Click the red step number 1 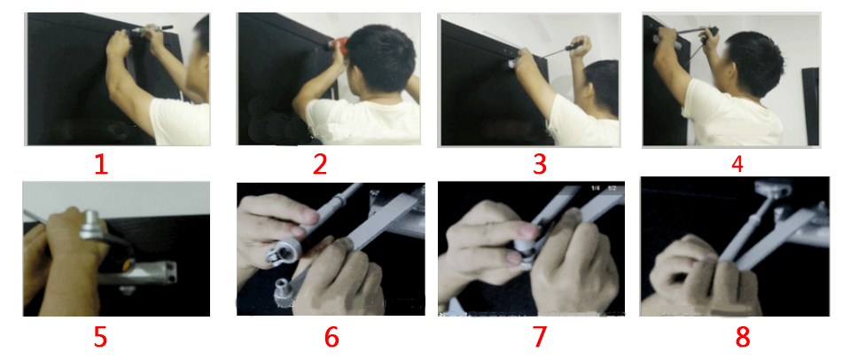coord(100,164)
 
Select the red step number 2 coord(319,164)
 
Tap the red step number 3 coord(539,164)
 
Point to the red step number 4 coord(737,163)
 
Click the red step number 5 coord(100,337)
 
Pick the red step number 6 coord(331,337)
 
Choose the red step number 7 coord(539,337)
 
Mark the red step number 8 coord(742,337)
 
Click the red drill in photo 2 coord(334,44)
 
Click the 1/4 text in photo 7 coord(596,188)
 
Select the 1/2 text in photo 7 coord(612,188)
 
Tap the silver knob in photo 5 coord(91,227)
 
